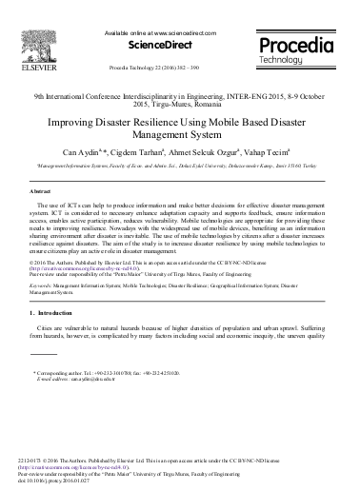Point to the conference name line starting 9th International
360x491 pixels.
click(x=180, y=98)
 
